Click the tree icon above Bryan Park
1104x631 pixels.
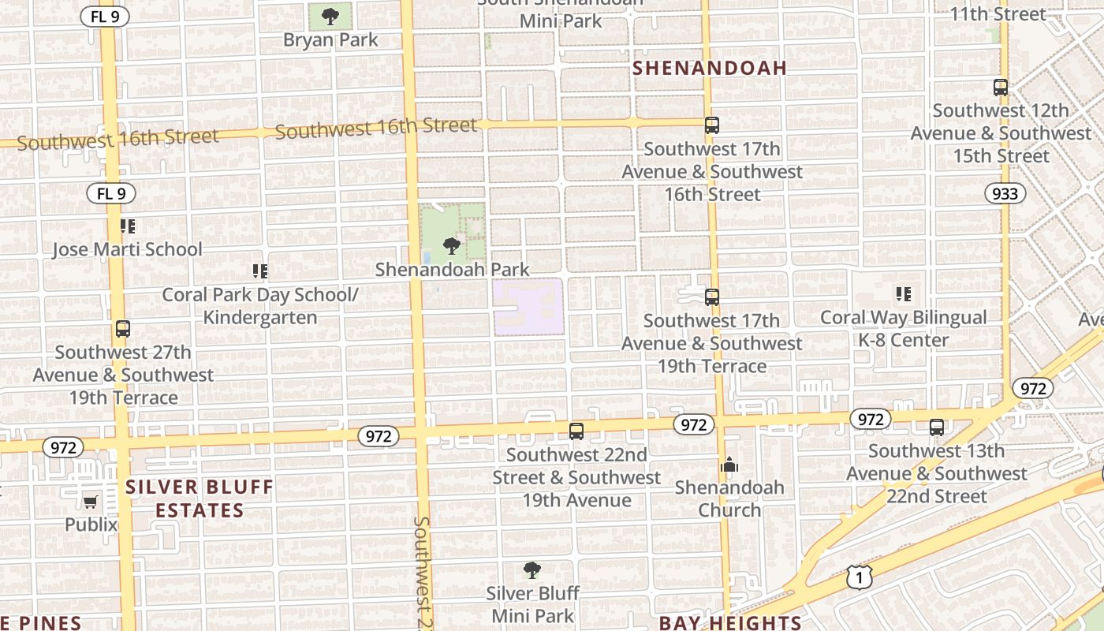click(x=330, y=15)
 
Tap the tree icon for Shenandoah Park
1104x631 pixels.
click(x=452, y=246)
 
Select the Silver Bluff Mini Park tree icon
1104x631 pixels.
click(x=532, y=570)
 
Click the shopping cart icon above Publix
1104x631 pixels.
click(x=91, y=502)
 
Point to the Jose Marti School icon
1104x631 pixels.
click(x=128, y=227)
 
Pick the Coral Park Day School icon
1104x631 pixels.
click(x=260, y=272)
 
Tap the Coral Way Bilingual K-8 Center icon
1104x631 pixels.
click(x=904, y=295)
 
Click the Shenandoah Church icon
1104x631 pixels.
click(x=729, y=465)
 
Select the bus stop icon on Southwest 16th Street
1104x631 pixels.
click(x=712, y=125)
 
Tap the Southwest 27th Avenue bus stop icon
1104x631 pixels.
click(x=123, y=329)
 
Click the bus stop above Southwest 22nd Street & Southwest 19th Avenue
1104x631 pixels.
click(x=576, y=431)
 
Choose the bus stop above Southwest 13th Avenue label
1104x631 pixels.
click(x=937, y=428)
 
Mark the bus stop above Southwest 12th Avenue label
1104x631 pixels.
click(x=1001, y=88)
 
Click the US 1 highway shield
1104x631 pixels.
click(x=860, y=578)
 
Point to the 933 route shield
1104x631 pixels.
click(x=1005, y=194)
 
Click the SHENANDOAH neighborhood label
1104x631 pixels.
click(x=711, y=69)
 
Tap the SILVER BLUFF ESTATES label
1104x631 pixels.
click(x=199, y=498)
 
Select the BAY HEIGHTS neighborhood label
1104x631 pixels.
click(x=730, y=622)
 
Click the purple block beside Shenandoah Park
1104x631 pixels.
click(x=528, y=305)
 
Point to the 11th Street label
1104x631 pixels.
click(x=998, y=13)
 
